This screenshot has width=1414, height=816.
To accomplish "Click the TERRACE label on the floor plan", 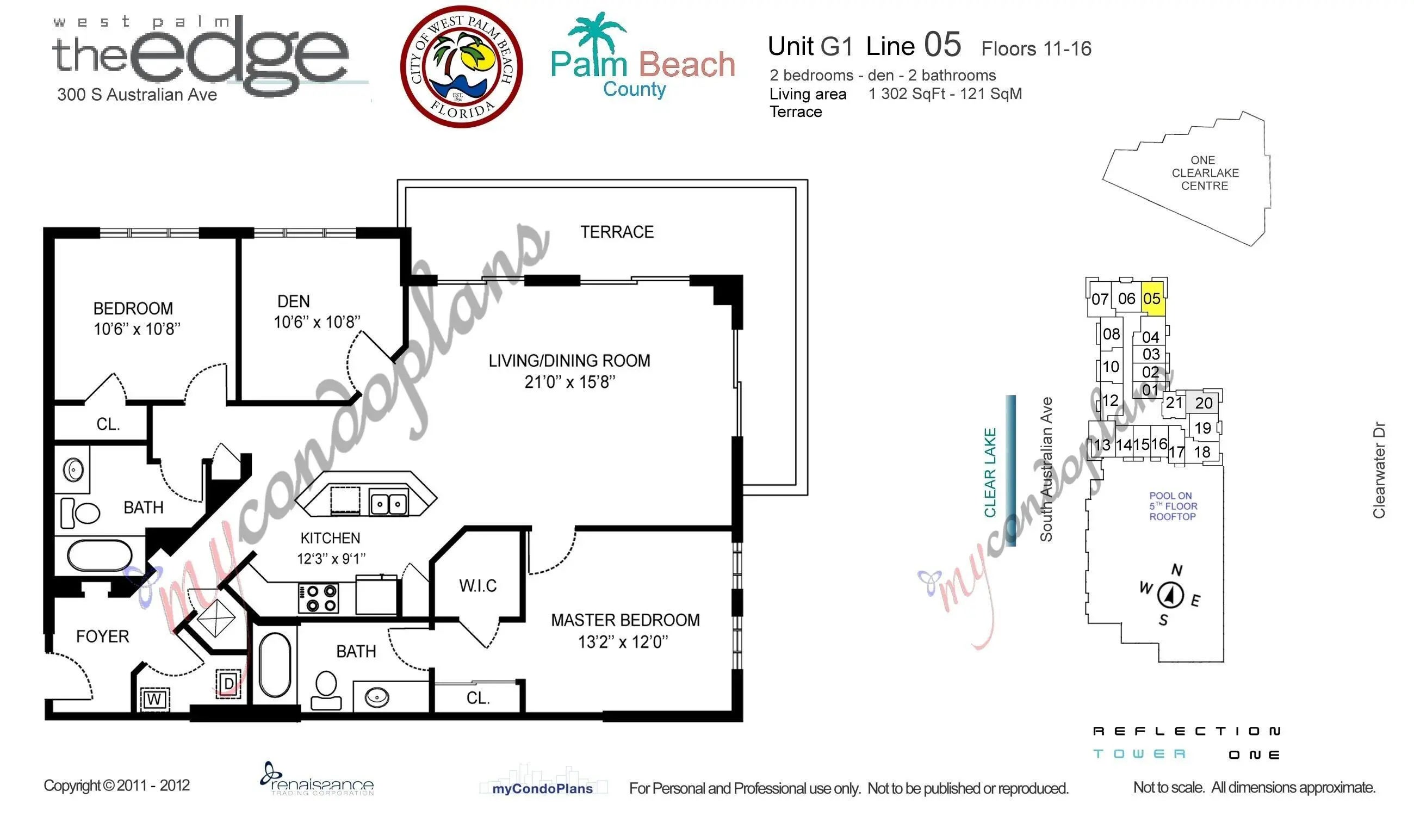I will (616, 232).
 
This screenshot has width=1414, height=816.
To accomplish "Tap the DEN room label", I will (293, 301).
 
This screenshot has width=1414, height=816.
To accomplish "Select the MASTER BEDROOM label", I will (625, 620).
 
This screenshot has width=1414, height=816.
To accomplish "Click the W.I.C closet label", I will (477, 586).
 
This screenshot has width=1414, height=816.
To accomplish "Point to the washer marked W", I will (154, 699).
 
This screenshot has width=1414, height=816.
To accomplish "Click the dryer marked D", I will (228, 683).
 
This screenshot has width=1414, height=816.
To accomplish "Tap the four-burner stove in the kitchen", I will (318, 598).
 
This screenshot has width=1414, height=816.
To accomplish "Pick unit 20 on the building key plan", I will (1204, 403).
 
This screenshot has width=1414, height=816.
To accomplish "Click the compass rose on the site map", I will (1170, 595).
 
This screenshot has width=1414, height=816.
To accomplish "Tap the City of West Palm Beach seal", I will (461, 67).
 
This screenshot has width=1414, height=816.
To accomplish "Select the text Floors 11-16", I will (1036, 49).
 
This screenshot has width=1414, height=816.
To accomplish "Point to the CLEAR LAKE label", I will (990, 472).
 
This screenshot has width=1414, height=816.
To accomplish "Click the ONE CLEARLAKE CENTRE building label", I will (1205, 172).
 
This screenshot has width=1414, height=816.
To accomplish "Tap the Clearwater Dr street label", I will (1379, 469).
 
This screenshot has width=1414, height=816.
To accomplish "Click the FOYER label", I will (103, 636).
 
